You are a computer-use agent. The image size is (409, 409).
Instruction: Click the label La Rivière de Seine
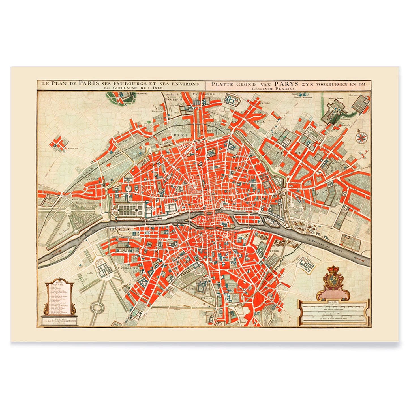tap(324, 245)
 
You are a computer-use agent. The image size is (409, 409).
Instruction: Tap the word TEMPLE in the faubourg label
tap(256, 121)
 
